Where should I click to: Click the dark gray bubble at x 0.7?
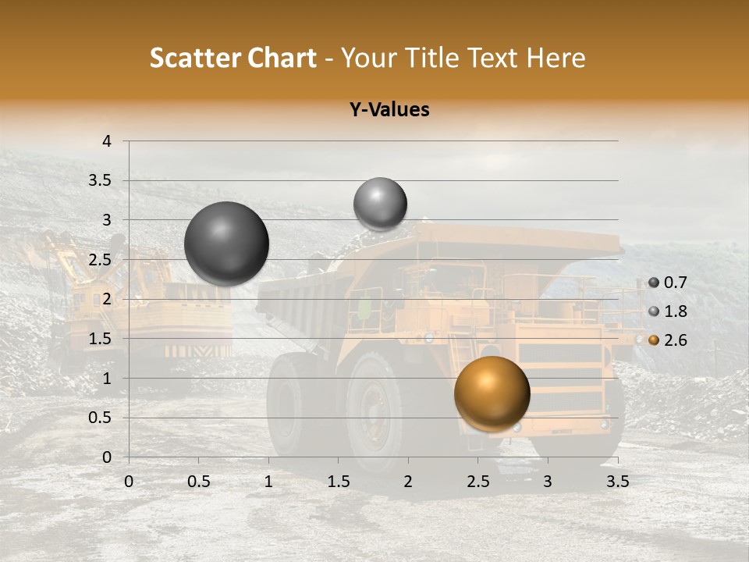tap(227, 244)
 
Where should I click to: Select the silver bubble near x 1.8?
tap(380, 204)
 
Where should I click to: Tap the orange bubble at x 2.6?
tap(492, 393)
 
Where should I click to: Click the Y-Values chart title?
tap(389, 110)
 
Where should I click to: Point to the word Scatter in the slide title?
tap(195, 58)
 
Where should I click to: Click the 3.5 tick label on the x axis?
tap(617, 482)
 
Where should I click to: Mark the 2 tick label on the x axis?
tap(408, 482)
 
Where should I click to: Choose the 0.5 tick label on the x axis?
tap(198, 482)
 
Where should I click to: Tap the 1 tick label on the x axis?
tap(268, 482)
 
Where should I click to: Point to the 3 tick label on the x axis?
tap(548, 482)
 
